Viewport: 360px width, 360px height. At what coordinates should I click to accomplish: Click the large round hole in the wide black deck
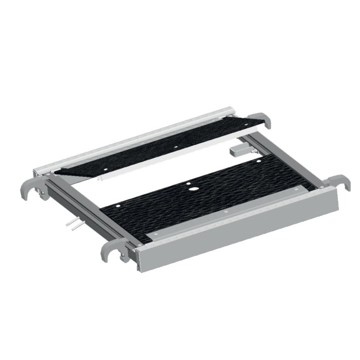pyautogui.click(x=192, y=190)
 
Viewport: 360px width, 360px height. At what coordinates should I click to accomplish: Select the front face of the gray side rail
pyautogui.click(x=240, y=235)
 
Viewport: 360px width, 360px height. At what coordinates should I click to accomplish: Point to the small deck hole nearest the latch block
pyautogui.click(x=258, y=161)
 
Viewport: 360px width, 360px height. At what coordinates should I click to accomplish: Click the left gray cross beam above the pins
pyautogui.click(x=80, y=205)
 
